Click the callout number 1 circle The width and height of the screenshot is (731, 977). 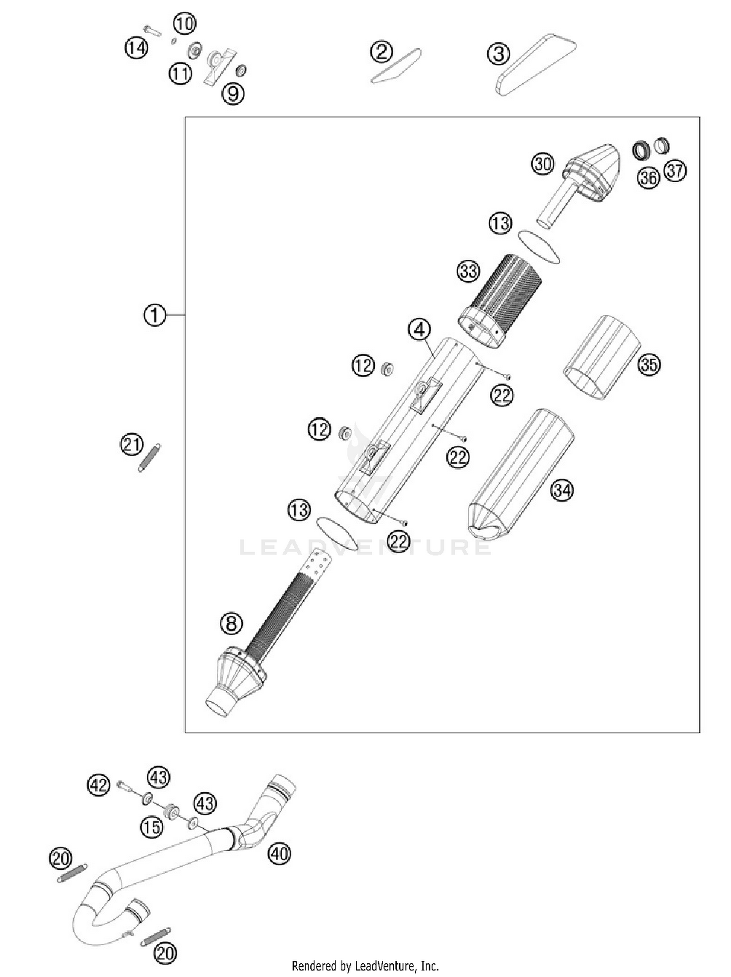click(154, 315)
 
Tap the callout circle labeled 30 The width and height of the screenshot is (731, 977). click(542, 164)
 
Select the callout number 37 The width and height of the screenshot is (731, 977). click(675, 171)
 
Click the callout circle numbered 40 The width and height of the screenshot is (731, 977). click(279, 853)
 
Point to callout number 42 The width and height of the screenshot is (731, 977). click(98, 785)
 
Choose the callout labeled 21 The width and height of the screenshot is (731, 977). click(132, 444)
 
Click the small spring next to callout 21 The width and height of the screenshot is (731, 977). click(149, 458)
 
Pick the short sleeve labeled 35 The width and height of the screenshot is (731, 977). click(602, 357)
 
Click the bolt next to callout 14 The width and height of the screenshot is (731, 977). click(152, 32)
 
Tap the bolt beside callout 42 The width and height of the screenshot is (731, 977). click(125, 785)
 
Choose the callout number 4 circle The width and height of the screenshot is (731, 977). click(420, 330)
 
